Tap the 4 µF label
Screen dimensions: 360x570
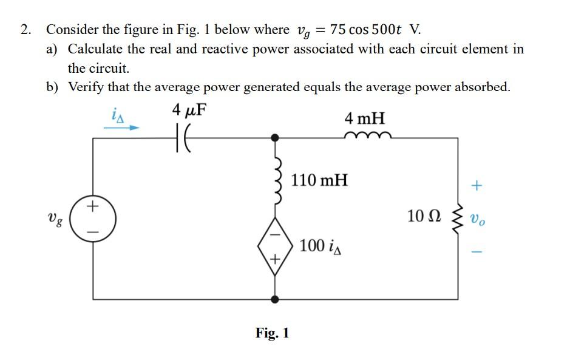pos(189,110)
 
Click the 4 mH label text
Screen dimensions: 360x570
pos(364,117)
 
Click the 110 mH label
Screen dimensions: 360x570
pos(319,180)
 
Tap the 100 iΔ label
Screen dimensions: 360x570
pos(320,246)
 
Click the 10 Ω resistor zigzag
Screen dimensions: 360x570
pos(458,218)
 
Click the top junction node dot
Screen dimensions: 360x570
pos(275,138)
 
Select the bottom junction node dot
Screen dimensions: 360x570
pos(275,299)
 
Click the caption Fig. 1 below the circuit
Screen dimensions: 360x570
pos(272,333)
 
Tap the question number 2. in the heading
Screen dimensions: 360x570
pos(25,30)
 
